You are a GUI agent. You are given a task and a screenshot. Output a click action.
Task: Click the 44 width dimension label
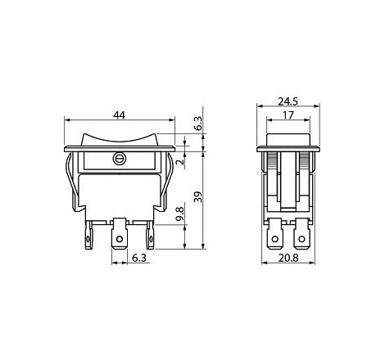pos(120,115)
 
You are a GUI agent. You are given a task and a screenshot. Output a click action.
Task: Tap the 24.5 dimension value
pos(288,101)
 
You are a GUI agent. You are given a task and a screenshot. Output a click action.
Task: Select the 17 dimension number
pos(288,115)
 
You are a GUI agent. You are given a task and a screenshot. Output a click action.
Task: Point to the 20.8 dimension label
pos(288,258)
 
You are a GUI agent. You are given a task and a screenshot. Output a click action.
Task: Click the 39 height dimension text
pos(198,197)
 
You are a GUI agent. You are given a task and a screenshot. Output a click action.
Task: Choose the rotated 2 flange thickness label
pos(180,162)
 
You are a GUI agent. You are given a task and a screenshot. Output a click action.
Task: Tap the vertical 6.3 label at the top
pos(198,124)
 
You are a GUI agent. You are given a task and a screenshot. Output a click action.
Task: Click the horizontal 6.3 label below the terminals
pos(139,258)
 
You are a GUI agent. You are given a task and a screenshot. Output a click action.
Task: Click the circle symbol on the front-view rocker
pos(119,159)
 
